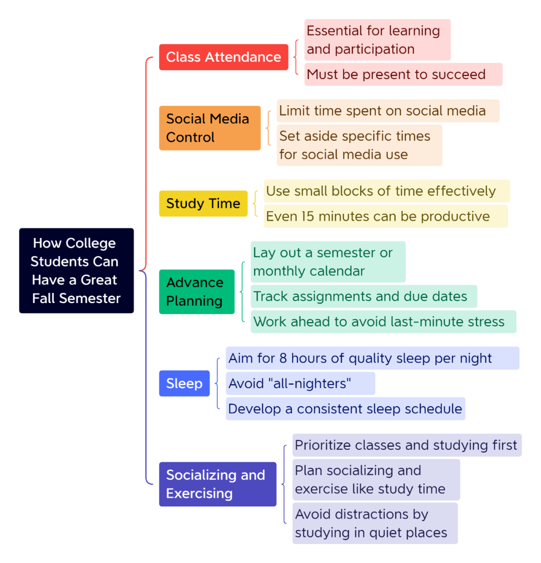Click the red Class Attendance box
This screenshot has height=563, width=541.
click(223, 57)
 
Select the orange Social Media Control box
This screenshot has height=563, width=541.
click(210, 128)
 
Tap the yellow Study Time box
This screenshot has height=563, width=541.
click(203, 203)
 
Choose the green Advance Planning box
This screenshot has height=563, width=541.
click(197, 292)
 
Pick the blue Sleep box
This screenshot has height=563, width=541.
click(184, 384)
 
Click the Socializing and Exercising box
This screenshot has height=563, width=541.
click(218, 484)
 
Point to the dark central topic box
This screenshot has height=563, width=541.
click(77, 270)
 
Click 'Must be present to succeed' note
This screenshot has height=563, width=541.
click(404, 74)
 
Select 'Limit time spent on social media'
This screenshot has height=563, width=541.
click(388, 111)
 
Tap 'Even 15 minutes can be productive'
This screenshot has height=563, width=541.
click(386, 216)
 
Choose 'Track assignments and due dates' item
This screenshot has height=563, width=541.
click(364, 296)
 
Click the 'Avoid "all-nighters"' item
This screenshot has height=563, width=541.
click(301, 384)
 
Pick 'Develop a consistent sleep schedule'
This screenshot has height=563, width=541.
click(345, 409)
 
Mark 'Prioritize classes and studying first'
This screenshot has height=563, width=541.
click(407, 445)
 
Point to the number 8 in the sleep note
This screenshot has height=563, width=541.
click(283, 358)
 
